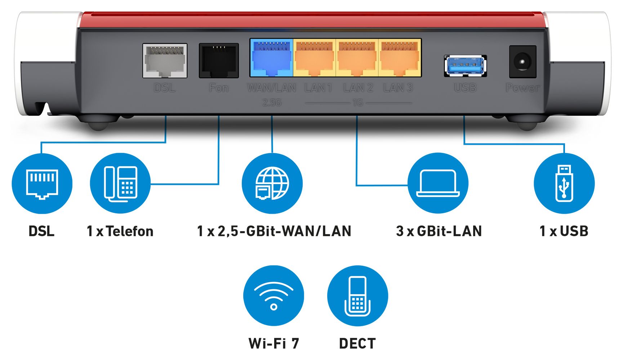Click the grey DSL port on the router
[165, 61]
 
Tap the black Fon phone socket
[219, 61]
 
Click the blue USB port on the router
[465, 66]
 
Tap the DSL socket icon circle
[42, 183]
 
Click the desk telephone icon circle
[120, 183]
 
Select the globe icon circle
[272, 183]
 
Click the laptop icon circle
[438, 183]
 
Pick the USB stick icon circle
[564, 183]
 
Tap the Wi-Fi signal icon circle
[273, 295]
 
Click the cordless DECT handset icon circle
[357, 295]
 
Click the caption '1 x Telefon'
[120, 231]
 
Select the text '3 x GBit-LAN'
[439, 231]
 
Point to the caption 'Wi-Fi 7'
[274, 343]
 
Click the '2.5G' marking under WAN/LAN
[272, 103]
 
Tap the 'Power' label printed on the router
[522, 88]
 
